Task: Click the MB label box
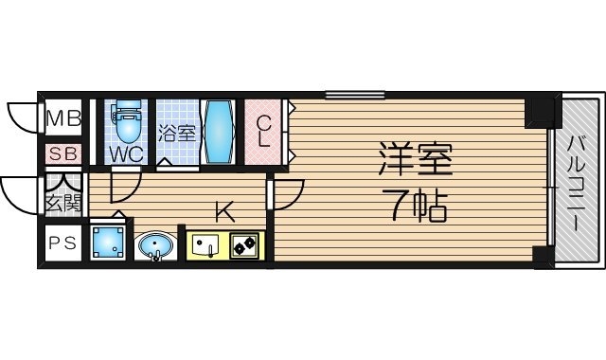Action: coord(64,119)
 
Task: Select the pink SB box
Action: coord(64,153)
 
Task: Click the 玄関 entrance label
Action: coord(64,200)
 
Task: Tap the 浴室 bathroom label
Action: coord(177,133)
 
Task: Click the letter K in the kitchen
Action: coord(223,210)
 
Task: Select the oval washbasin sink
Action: coord(154,247)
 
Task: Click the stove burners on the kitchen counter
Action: coord(242,246)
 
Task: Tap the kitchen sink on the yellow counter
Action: coord(205,246)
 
